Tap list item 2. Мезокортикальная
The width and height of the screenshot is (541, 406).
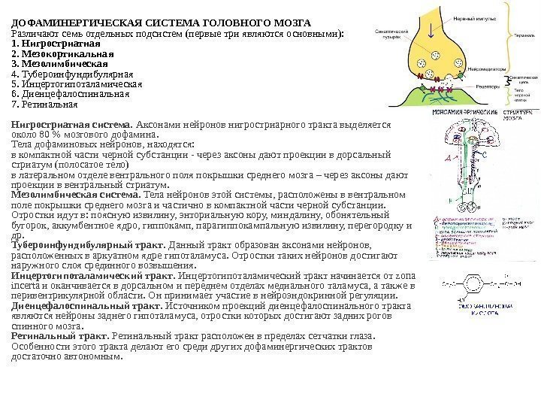[59, 54]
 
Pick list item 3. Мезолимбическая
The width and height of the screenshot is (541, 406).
[58, 64]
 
